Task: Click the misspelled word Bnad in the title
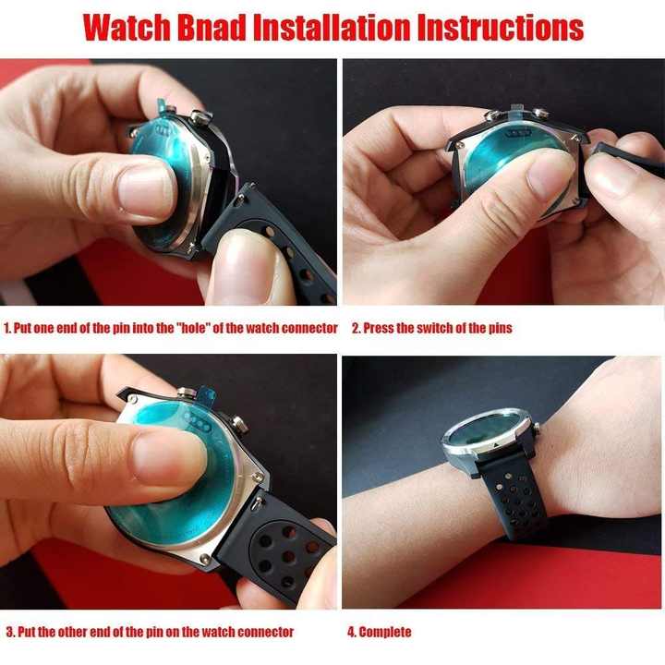212,28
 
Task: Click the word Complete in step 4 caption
385,632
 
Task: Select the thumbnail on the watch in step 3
169,462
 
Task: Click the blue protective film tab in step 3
207,394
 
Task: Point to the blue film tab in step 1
163,106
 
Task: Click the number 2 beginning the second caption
356,328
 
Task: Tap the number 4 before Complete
351,632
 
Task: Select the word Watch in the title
127,28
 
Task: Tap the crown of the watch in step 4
538,429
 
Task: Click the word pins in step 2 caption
500,329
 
